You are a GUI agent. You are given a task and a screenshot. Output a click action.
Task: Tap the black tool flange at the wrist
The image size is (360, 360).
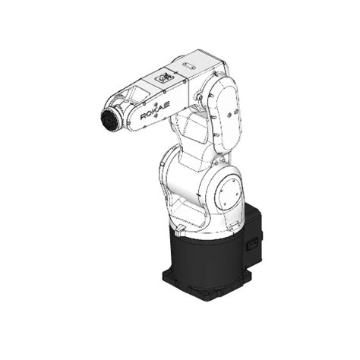[108, 122]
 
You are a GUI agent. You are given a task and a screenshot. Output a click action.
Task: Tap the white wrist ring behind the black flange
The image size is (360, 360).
[118, 115]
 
